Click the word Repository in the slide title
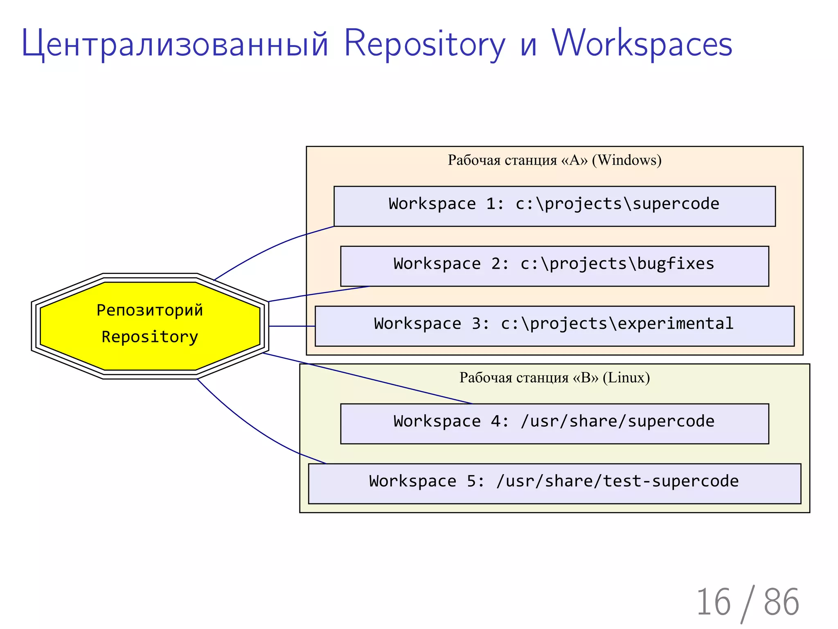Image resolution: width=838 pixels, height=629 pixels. [x=424, y=43]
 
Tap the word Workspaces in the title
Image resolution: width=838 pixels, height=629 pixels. [x=642, y=43]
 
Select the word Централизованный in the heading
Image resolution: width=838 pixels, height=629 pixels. [x=175, y=43]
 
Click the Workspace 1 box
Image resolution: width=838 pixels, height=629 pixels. [x=554, y=206]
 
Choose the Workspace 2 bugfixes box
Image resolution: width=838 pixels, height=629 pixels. [x=554, y=266]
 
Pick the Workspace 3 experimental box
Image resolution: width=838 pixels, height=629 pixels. [x=554, y=326]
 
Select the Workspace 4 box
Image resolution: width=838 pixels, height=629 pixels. [x=554, y=423]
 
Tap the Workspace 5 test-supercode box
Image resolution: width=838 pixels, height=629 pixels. [x=554, y=483]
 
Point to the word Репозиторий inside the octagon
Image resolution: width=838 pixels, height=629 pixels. [x=150, y=310]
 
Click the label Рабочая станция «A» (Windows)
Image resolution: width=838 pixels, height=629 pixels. [x=554, y=160]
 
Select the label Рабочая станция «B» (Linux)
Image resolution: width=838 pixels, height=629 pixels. [x=554, y=378]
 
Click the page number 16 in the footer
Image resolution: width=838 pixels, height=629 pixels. [x=713, y=602]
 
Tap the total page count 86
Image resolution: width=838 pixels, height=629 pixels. [x=781, y=602]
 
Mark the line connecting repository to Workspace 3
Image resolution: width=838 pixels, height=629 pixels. [x=292, y=326]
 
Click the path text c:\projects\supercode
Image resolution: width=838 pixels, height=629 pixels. [x=617, y=204]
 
